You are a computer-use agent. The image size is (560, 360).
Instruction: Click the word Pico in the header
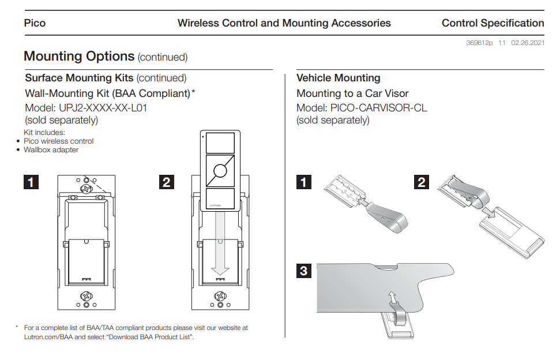pyautogui.click(x=35, y=24)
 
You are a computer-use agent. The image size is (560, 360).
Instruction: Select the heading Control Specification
pyautogui.click(x=493, y=24)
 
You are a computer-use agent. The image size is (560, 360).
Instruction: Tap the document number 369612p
pyautogui.click(x=479, y=43)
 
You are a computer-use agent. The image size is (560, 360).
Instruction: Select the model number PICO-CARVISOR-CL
pyautogui.click(x=378, y=108)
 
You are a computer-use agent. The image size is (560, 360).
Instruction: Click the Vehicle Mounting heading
pyautogui.click(x=338, y=78)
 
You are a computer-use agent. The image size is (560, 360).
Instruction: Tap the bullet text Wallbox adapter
pyautogui.click(x=51, y=150)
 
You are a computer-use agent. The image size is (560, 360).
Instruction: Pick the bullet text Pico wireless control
pyautogui.click(x=58, y=141)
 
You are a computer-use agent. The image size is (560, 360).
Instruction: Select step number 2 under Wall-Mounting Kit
pyautogui.click(x=166, y=182)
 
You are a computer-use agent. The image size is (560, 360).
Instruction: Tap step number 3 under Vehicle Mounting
pyautogui.click(x=303, y=270)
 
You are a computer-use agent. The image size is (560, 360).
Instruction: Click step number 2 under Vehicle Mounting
pyautogui.click(x=422, y=182)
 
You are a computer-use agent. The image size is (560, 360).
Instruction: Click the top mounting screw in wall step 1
pyautogui.click(x=87, y=188)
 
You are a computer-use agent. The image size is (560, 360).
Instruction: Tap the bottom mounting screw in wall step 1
pyautogui.click(x=87, y=296)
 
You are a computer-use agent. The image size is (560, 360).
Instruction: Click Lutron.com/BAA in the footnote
pyautogui.click(x=49, y=337)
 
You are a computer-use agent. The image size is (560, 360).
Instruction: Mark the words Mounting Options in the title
pyautogui.click(x=79, y=57)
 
